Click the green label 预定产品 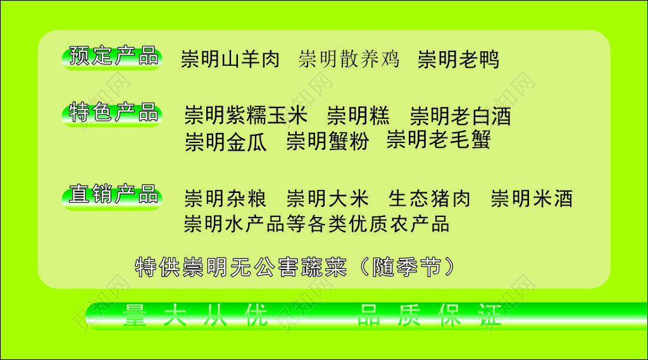click(113, 58)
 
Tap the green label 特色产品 click(113, 115)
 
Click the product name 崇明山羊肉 click(230, 59)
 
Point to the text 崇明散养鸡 click(349, 59)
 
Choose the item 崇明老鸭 click(458, 59)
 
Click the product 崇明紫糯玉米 click(246, 116)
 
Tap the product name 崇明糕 click(359, 116)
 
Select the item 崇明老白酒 click(460, 116)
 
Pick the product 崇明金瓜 click(226, 142)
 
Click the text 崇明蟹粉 click(327, 141)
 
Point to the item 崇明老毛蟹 click(439, 139)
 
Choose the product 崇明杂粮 click(225, 199)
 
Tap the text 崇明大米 click(327, 199)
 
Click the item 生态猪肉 click(430, 199)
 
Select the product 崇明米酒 click(532, 199)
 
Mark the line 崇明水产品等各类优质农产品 click(316, 223)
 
